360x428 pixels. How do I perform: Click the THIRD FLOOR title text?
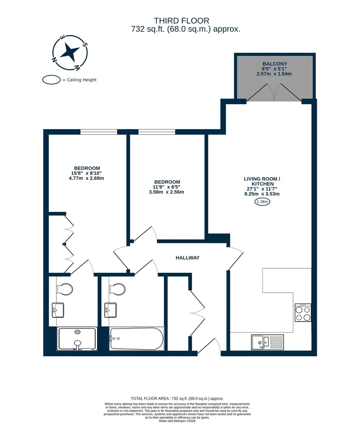click(182, 21)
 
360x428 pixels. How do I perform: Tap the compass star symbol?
click(70, 52)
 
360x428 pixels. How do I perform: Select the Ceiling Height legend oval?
click(51, 80)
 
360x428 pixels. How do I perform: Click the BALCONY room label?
click(275, 64)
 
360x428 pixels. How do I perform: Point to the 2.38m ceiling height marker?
click(262, 202)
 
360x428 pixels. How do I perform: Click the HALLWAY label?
click(187, 258)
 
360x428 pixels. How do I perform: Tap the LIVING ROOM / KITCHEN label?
click(262, 182)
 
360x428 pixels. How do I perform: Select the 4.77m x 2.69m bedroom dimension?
click(86, 178)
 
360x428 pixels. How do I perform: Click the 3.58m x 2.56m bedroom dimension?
click(167, 192)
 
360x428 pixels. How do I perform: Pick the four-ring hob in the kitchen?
click(303, 312)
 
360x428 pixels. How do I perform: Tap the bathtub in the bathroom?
click(137, 338)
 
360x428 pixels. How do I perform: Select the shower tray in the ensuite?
click(77, 338)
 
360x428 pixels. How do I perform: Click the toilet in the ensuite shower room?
click(64, 289)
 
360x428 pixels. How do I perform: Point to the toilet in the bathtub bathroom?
click(117, 289)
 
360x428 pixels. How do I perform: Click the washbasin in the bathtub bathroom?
click(110, 310)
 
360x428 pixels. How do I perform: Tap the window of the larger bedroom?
click(98, 132)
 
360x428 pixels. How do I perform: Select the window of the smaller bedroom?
click(157, 132)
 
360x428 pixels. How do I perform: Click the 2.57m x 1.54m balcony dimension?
click(274, 74)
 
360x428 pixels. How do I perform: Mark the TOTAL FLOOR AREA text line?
click(177, 398)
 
